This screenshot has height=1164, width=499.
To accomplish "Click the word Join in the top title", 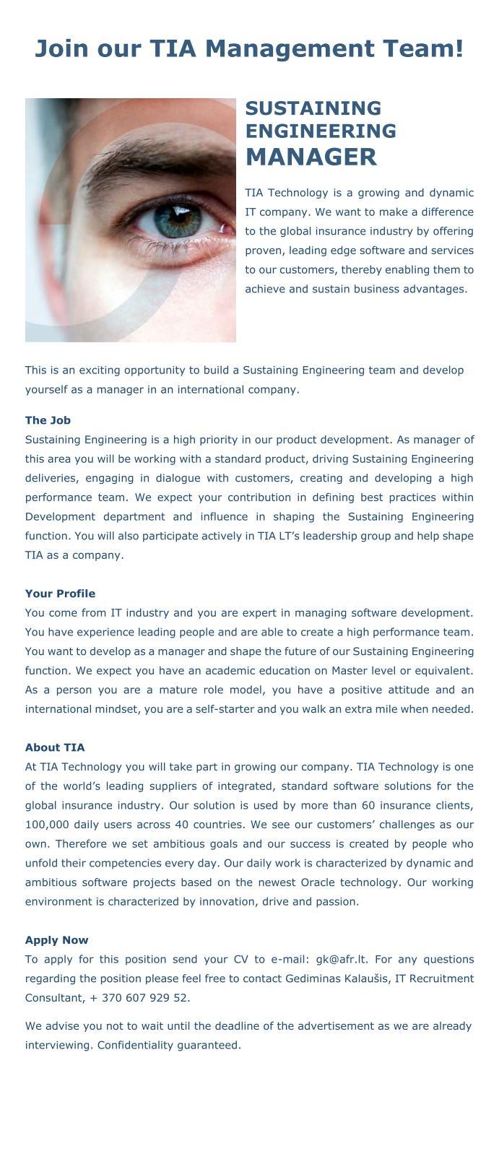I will pos(61,48).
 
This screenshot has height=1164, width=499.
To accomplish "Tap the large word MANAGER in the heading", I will pos(311,157).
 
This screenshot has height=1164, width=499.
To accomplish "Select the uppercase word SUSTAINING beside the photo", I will pos(313,108).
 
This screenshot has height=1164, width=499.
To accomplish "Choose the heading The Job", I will pos(48,420).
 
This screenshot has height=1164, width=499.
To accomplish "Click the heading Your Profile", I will pos(60,594).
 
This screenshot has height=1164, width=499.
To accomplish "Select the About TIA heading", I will pos(55,747).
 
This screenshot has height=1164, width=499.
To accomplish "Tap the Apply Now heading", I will pos(56,940).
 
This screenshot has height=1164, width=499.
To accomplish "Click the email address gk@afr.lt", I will pos(342,960).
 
